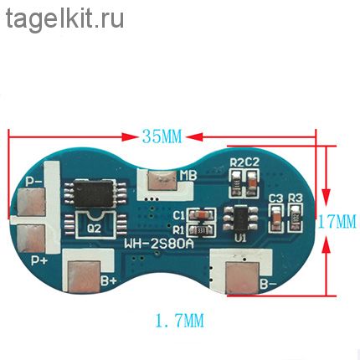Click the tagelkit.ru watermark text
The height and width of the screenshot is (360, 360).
(x=64, y=18)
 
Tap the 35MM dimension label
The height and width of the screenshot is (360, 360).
(x=162, y=136)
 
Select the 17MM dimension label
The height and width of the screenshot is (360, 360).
(x=337, y=221)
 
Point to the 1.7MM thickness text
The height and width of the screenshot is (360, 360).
(x=180, y=321)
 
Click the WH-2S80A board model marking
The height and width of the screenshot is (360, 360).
(x=159, y=244)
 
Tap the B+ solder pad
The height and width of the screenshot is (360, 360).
(x=84, y=277)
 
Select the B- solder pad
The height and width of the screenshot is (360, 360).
(x=242, y=278)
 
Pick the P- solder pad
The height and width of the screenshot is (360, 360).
(x=31, y=203)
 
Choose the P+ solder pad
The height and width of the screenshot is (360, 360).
(x=31, y=238)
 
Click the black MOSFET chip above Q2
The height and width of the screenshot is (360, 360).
(x=95, y=193)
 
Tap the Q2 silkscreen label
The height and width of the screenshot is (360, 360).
(x=94, y=229)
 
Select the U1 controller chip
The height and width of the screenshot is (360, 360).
(x=240, y=218)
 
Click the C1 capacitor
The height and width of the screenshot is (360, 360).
(x=201, y=215)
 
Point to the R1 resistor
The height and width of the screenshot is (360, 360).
(x=201, y=230)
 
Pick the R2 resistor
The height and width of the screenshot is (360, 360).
(x=237, y=183)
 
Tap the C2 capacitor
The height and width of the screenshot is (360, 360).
(x=252, y=183)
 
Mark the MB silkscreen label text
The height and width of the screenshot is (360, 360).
(x=188, y=175)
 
